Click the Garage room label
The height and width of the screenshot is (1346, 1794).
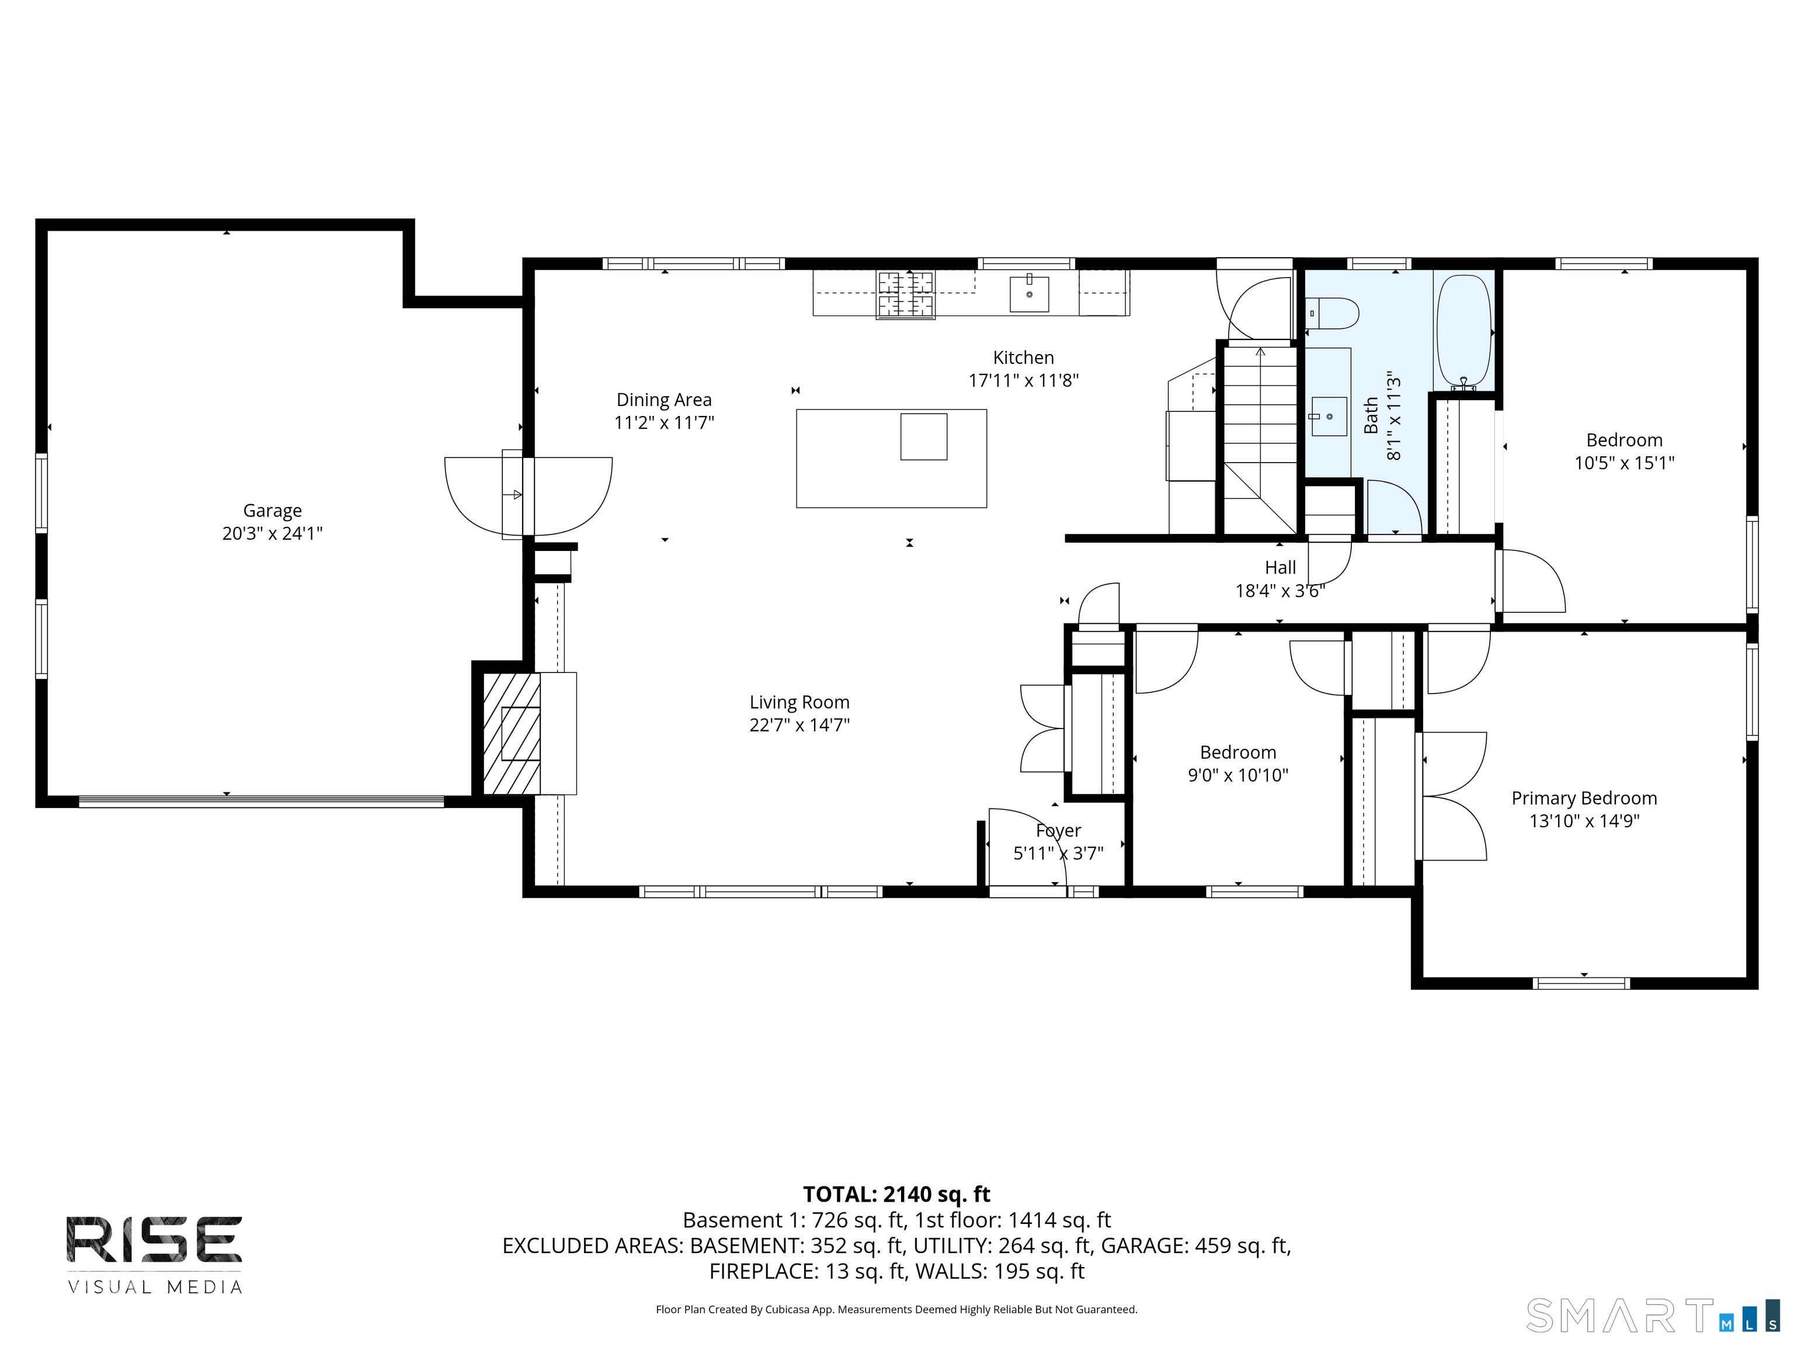[x=273, y=511]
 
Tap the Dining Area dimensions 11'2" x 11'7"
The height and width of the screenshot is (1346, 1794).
[x=664, y=423]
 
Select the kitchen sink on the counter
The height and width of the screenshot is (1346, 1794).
[x=1029, y=294]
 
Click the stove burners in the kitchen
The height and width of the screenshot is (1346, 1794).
[x=905, y=294]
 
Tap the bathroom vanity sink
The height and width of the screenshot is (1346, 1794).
[x=1329, y=416]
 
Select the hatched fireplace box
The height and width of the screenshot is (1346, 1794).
[x=512, y=733]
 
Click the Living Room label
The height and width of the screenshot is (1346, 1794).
[x=799, y=703]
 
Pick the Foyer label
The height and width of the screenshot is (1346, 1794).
[x=1058, y=831]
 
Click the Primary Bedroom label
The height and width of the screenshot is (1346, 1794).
[x=1584, y=799]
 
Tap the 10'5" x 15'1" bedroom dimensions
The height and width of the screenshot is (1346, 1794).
[x=1625, y=463]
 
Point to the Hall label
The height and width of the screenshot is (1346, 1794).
[x=1281, y=568]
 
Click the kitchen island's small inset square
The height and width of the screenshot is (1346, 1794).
[x=924, y=436]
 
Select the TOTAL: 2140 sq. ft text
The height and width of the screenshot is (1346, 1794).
[x=897, y=1194]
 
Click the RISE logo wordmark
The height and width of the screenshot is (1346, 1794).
[x=154, y=1240]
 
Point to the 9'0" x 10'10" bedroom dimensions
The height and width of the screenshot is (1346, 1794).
[x=1239, y=776]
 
